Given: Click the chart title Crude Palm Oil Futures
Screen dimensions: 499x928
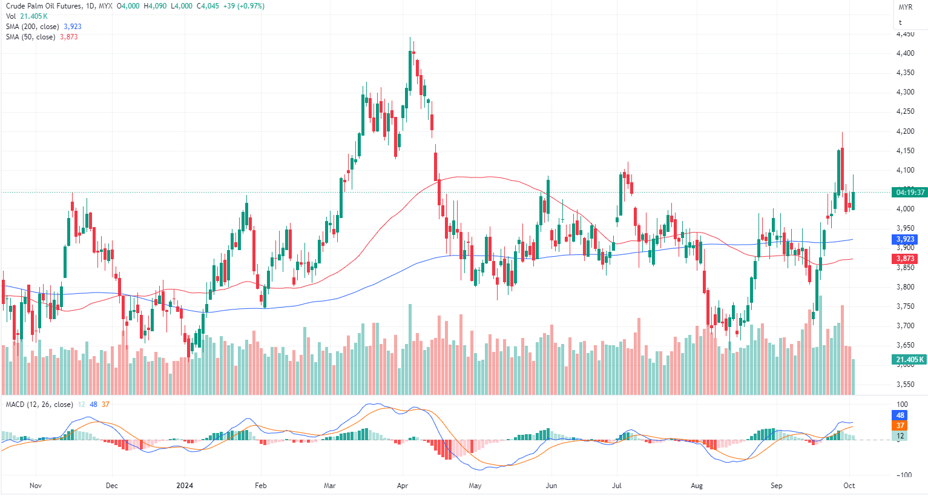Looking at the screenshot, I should click(x=44, y=6).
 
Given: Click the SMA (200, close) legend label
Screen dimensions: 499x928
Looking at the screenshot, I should click(x=33, y=27).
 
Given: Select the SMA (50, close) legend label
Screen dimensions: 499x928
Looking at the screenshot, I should click(x=30, y=37).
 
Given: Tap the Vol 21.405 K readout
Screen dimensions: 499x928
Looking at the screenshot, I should click(x=27, y=16).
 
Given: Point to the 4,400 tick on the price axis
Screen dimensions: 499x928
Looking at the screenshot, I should click(x=905, y=53).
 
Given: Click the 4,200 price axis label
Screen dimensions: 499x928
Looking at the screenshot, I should click(x=905, y=131).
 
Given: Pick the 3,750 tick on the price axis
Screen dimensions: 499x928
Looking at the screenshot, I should click(x=905, y=306).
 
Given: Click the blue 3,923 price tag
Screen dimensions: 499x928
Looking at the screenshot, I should click(x=906, y=240).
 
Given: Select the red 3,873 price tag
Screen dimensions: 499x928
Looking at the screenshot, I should click(x=906, y=259).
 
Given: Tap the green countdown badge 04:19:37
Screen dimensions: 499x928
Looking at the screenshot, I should click(x=910, y=193).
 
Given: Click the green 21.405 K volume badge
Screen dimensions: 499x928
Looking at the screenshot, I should click(x=910, y=360).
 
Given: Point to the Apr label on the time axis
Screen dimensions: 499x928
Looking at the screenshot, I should click(x=403, y=486).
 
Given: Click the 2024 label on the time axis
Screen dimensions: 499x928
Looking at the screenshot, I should click(x=185, y=486).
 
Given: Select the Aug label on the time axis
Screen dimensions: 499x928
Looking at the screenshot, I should click(x=697, y=486).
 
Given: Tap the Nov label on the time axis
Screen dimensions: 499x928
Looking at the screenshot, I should click(x=35, y=486).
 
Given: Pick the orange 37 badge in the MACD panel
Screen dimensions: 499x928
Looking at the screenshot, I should click(x=900, y=426).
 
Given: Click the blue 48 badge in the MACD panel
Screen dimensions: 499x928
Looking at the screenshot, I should click(x=900, y=415).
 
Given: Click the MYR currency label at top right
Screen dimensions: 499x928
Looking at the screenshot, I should click(x=905, y=7).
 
